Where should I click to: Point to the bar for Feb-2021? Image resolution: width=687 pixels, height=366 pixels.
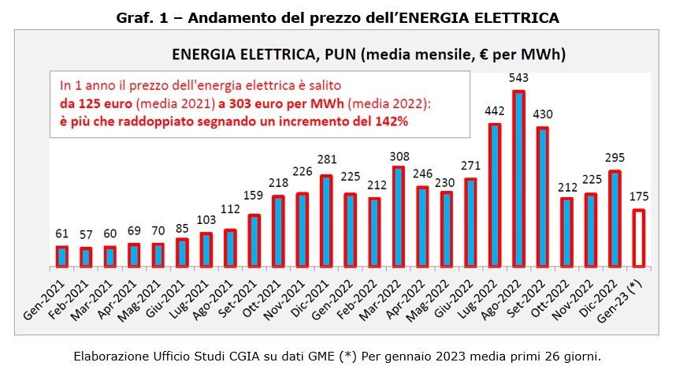point(86,257)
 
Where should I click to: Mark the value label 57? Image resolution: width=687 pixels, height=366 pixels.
point(86,237)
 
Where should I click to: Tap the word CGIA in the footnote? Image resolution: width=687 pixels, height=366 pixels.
point(222,356)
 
